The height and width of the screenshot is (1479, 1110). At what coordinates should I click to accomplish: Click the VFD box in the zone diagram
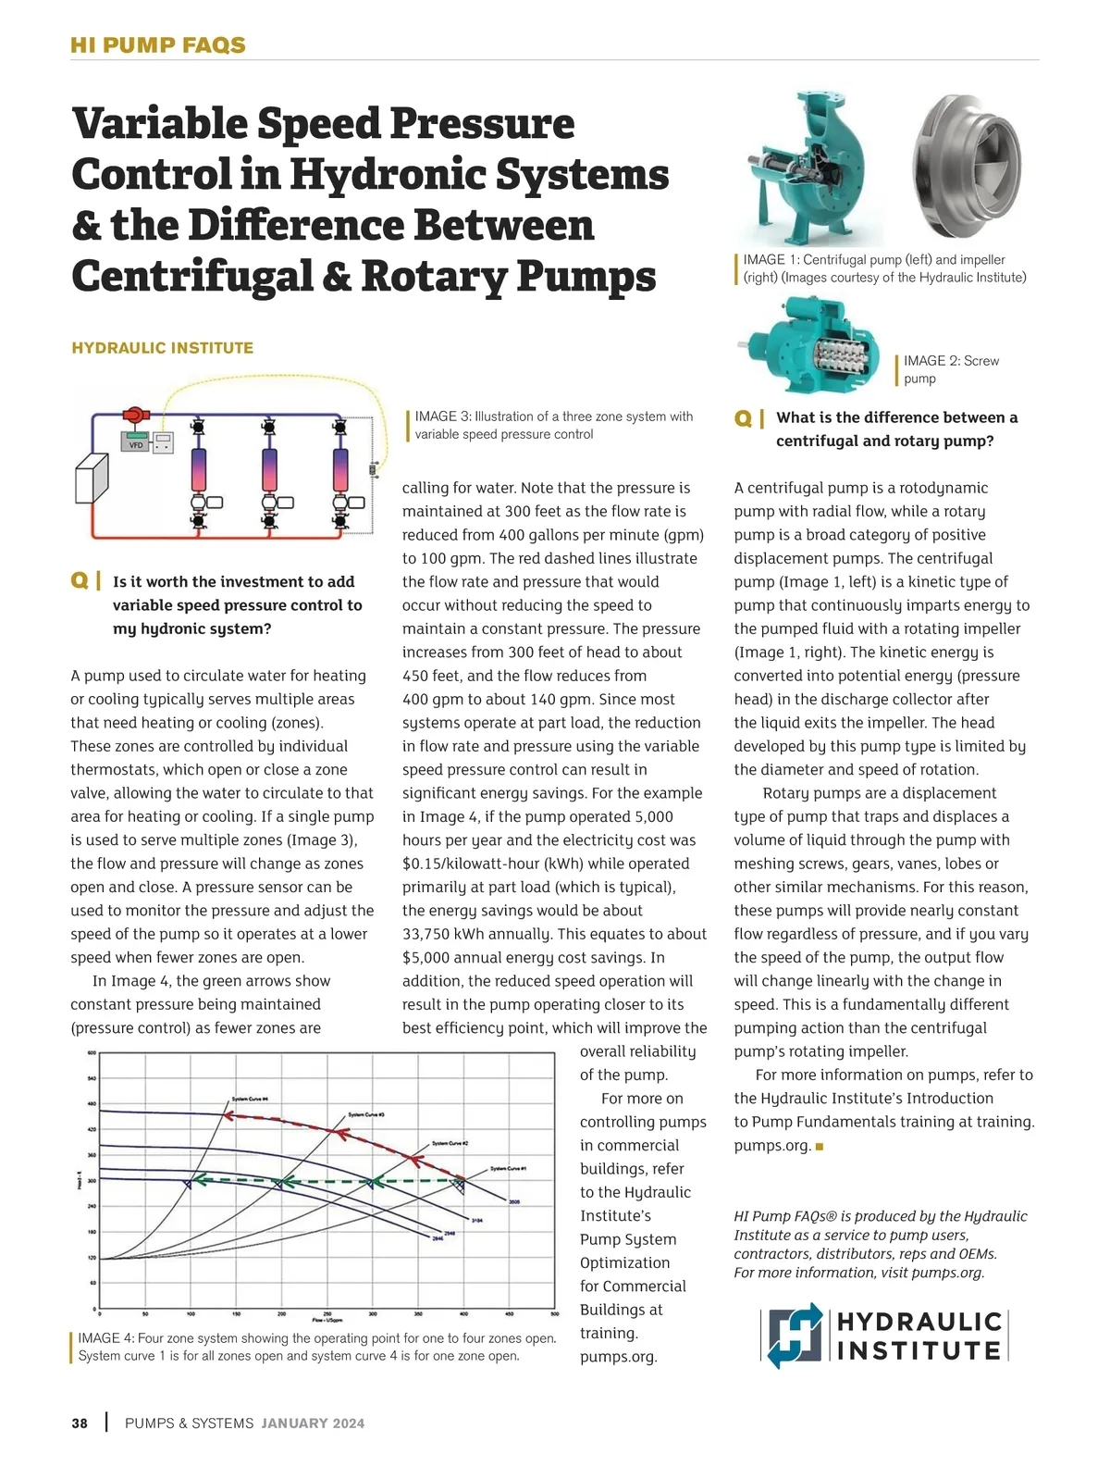click(136, 442)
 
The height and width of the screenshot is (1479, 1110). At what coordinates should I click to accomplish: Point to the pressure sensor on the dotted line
click(374, 469)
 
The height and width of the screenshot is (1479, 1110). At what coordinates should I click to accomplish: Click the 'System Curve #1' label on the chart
click(508, 1168)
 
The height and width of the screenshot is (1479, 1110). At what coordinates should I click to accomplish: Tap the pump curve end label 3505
click(514, 1202)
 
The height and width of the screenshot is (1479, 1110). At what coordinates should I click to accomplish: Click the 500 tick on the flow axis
click(555, 1313)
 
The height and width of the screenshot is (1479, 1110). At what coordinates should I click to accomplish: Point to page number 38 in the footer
click(80, 1423)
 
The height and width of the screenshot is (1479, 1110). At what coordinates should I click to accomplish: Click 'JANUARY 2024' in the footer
click(313, 1423)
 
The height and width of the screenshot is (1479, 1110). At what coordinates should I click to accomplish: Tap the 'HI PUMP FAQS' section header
click(158, 45)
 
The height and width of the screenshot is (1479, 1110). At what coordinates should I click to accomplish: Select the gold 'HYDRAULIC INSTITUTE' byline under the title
click(162, 348)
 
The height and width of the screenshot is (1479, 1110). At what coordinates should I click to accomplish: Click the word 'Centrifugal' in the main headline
click(192, 276)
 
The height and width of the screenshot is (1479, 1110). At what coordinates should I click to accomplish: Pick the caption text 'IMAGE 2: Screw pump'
click(951, 369)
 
